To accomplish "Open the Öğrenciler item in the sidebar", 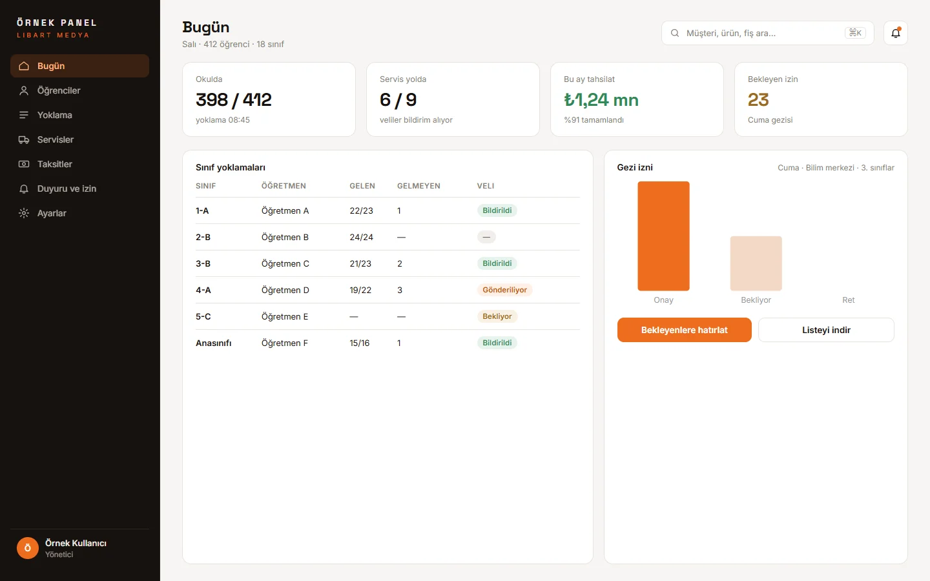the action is (x=59, y=90).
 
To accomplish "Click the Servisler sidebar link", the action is (x=56, y=139).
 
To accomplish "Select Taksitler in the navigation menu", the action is (x=54, y=164).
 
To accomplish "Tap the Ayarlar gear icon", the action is (x=24, y=213).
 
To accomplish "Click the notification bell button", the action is (x=896, y=33).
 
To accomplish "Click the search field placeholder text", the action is (x=730, y=33).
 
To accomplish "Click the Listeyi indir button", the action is (x=826, y=330).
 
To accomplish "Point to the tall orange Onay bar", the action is (x=663, y=236).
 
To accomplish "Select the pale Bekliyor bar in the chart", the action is (x=756, y=263).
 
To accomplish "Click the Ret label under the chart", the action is (x=848, y=300).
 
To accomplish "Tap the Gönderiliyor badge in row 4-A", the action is (x=504, y=290).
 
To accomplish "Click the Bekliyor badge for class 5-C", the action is (x=497, y=316).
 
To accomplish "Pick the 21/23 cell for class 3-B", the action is (x=360, y=263).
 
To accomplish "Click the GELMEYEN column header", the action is (x=418, y=186).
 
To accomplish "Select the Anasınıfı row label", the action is (x=213, y=343).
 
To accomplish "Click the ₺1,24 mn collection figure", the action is (x=601, y=99).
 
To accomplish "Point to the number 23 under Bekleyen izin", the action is (x=758, y=99).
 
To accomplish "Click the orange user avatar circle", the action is (x=27, y=548).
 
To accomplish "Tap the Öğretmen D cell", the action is (x=285, y=290).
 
